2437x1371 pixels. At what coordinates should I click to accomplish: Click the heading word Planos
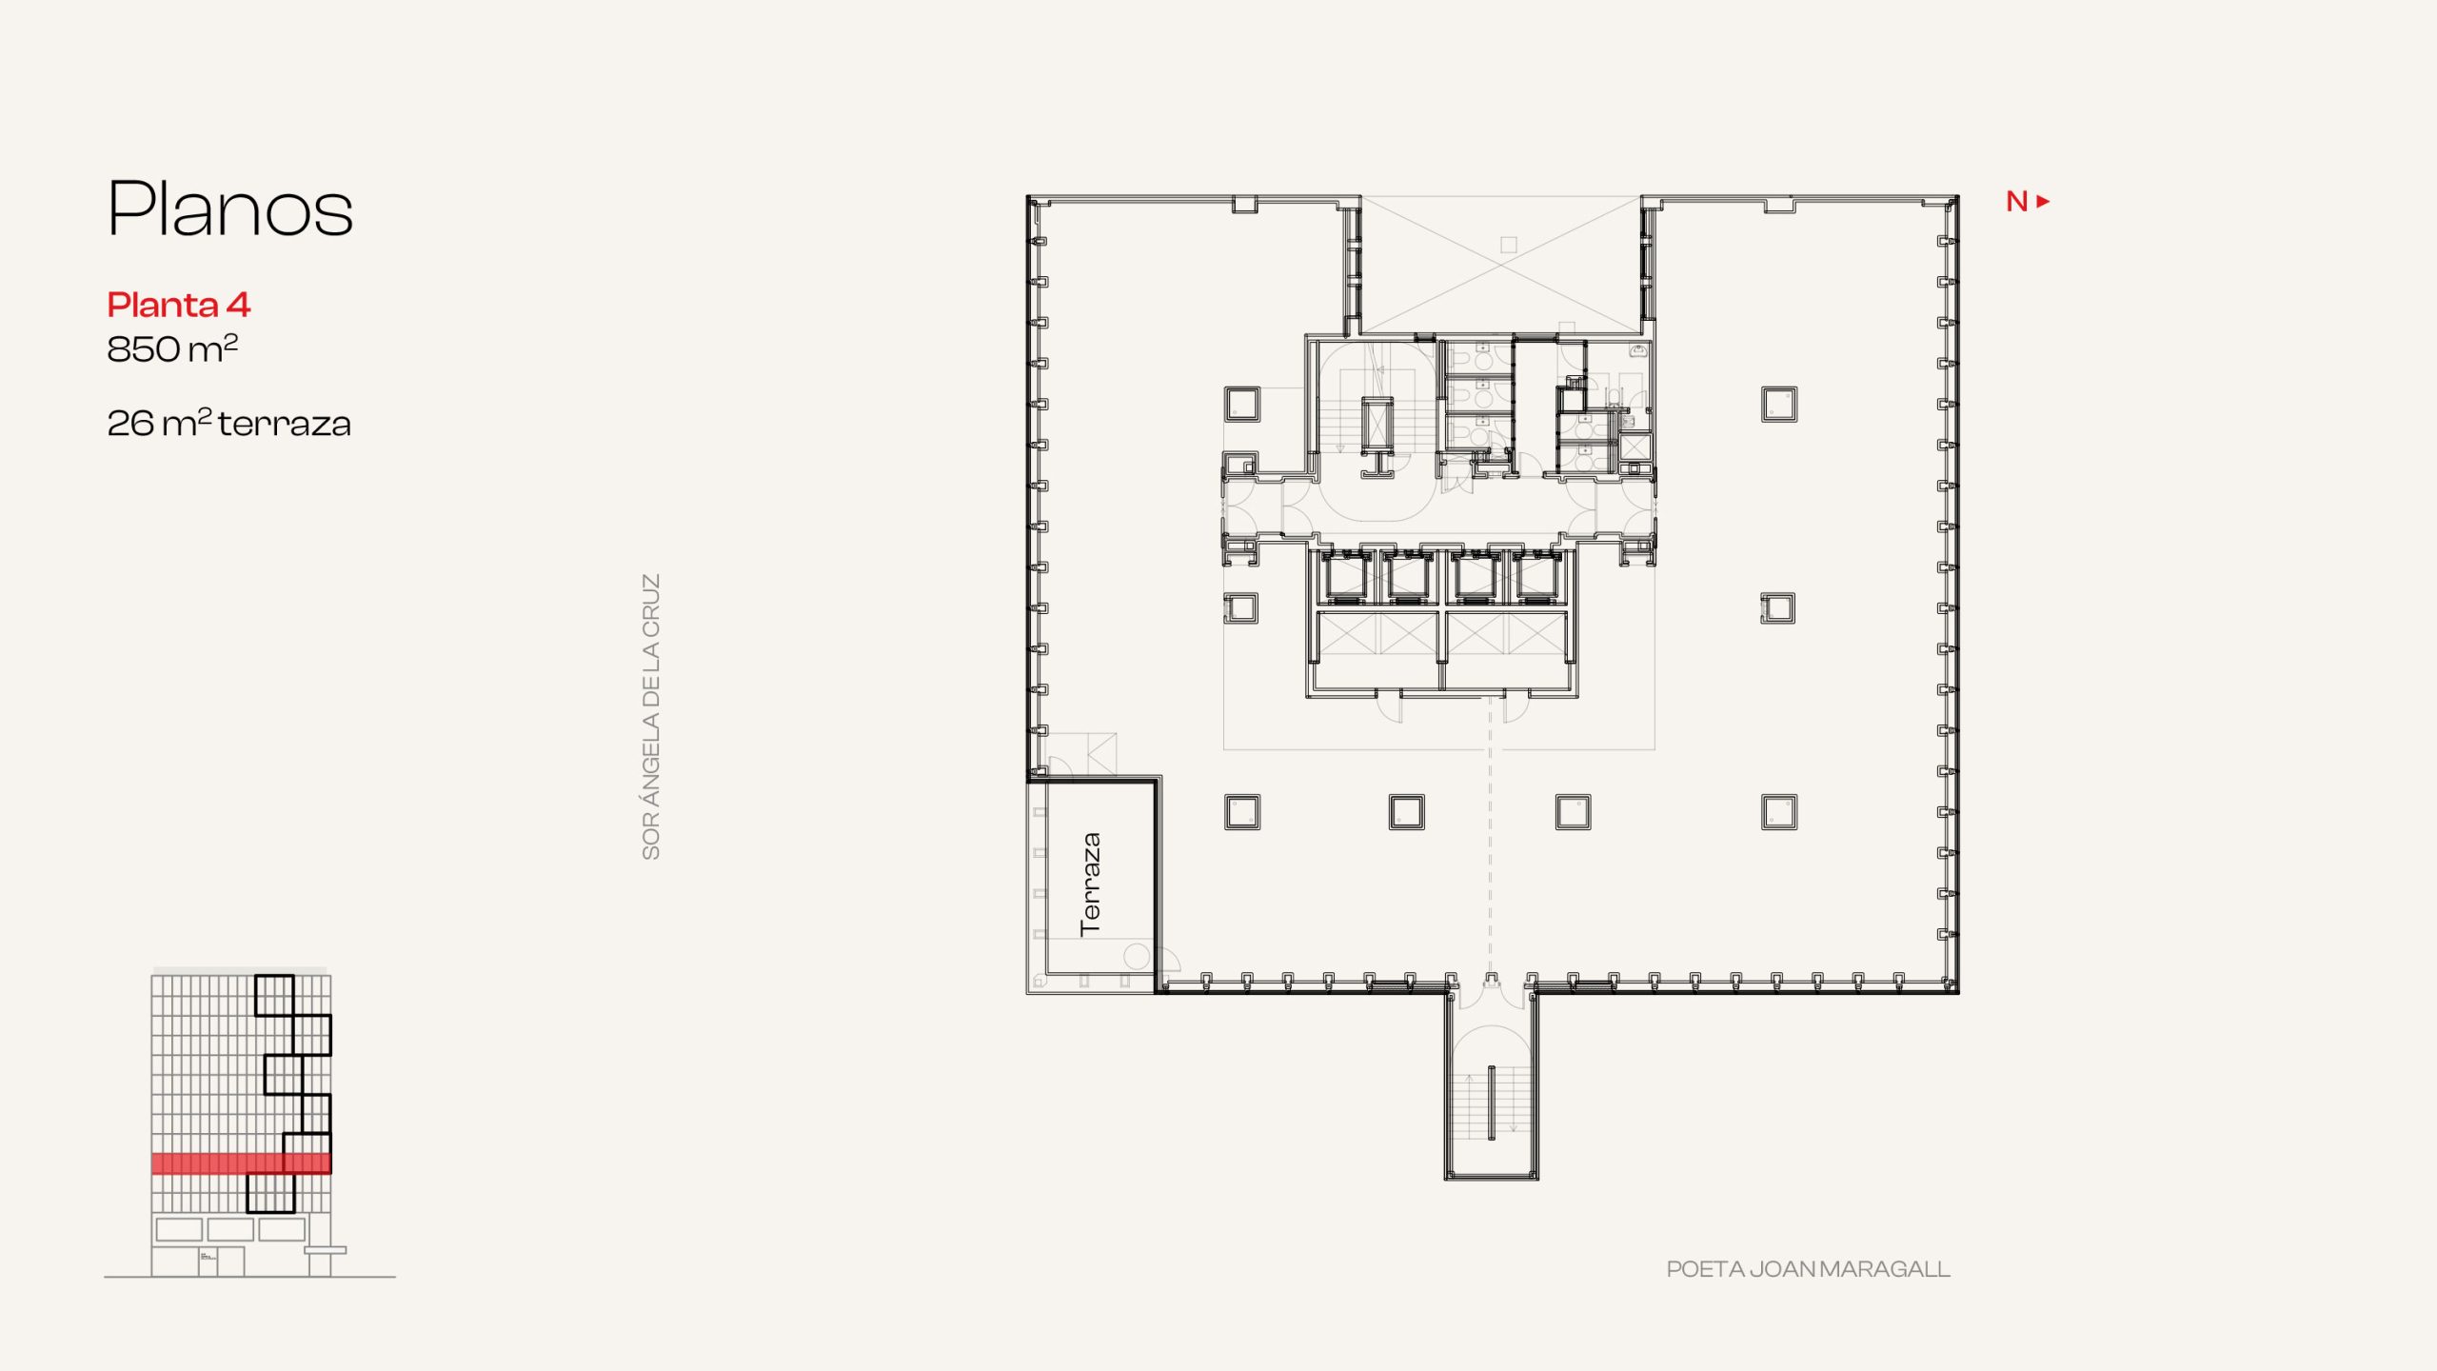pos(230,209)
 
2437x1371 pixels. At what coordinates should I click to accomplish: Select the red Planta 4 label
pos(179,305)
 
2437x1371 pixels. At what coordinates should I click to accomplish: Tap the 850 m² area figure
pos(172,348)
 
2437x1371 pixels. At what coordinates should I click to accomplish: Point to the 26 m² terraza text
pos(229,423)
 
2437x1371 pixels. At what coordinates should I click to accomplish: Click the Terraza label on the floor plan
pos(1091,884)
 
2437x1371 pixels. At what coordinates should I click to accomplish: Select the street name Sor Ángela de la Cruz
pos(651,716)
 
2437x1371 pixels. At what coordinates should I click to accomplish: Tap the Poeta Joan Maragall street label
pos(1808,1269)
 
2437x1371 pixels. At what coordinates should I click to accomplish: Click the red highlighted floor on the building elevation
pos(242,1163)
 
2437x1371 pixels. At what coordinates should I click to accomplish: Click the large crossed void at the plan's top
pos(1501,265)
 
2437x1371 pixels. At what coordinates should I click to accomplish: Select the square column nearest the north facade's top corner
pos(1779,404)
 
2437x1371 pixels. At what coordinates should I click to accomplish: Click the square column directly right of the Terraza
pos(1242,812)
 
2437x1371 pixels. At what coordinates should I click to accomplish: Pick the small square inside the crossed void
pos(1509,245)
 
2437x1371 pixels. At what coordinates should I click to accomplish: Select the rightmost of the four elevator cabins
pos(1536,577)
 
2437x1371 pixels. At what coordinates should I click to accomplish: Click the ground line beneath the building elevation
pos(249,1277)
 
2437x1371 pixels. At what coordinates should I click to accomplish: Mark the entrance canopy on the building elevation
pos(326,1250)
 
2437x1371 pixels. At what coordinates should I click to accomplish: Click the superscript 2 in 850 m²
pos(230,339)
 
